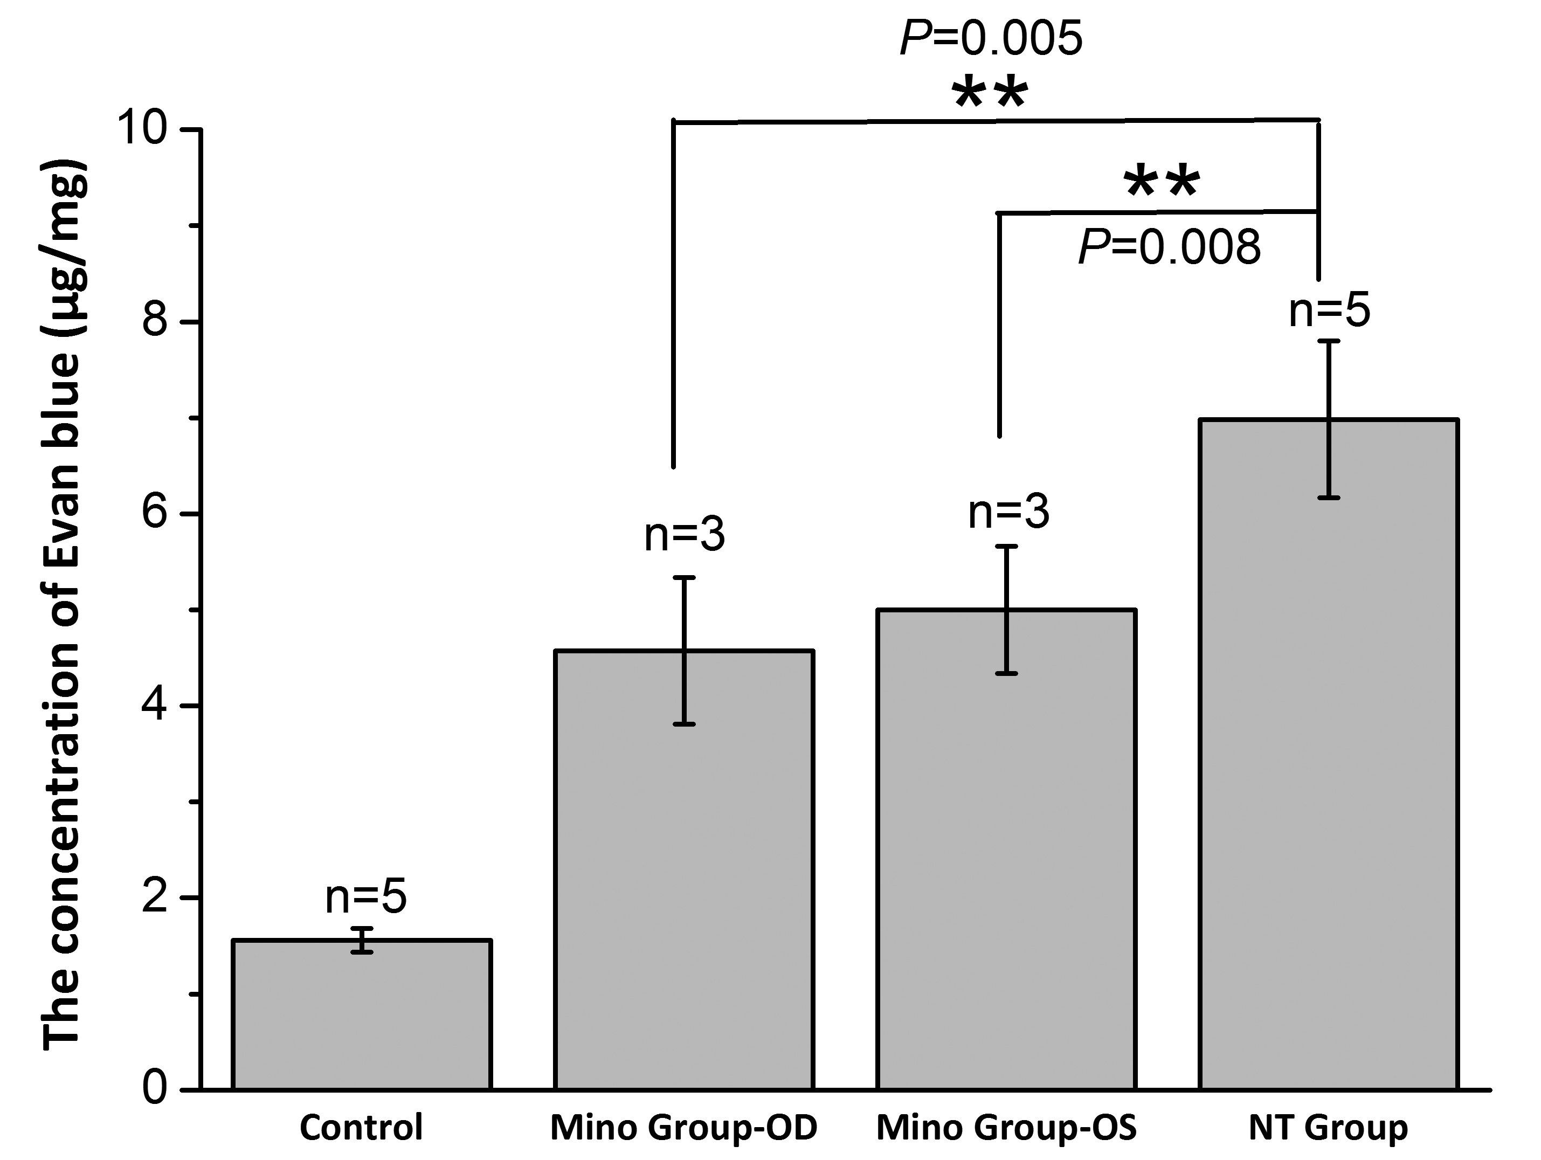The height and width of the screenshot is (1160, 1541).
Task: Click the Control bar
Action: coord(362,1017)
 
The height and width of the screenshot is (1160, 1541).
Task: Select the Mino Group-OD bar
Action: coord(684,871)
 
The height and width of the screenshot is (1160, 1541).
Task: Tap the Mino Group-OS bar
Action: coord(1007,850)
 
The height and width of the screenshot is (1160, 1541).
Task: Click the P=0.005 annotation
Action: coord(991,38)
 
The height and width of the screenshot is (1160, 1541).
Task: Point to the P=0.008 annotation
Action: coord(1170,247)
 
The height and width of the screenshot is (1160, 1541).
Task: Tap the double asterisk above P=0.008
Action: coord(1162,183)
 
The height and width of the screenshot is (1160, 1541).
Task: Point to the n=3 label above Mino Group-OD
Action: coord(684,535)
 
